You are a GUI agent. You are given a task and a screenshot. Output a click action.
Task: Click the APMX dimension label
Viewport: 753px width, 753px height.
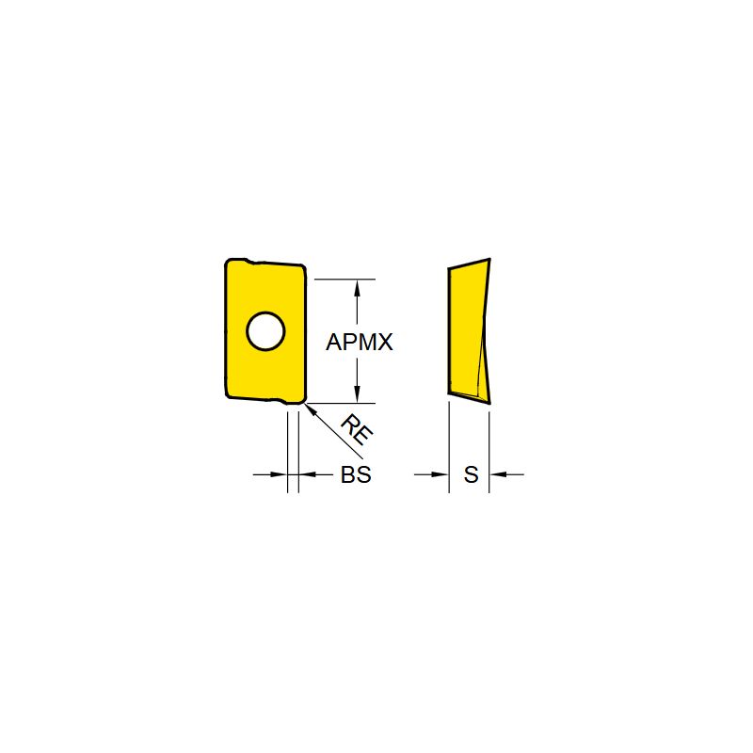pos(359,344)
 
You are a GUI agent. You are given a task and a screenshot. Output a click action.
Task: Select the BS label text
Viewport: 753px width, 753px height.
pos(356,476)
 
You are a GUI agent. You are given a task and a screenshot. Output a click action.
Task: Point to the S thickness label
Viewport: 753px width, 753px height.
pos(471,476)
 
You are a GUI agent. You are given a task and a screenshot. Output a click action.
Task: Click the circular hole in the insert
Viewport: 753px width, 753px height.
pos(265,330)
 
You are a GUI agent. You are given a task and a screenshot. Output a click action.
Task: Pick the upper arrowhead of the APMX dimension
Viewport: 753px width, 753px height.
pos(356,286)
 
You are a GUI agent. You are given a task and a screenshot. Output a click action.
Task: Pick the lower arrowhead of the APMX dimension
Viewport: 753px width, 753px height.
pos(356,396)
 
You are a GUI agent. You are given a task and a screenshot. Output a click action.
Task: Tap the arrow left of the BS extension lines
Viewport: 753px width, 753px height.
pos(279,475)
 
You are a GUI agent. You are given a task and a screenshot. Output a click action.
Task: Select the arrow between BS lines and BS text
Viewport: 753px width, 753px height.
pos(307,475)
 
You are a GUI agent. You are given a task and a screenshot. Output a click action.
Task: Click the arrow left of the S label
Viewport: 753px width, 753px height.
pos(441,475)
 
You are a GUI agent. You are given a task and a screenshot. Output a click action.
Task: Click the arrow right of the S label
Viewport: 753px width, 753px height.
pos(498,475)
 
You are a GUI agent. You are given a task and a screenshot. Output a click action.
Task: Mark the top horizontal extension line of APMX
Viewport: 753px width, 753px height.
pos(344,279)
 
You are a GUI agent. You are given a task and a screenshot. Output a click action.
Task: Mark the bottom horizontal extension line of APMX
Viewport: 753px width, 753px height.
pos(344,403)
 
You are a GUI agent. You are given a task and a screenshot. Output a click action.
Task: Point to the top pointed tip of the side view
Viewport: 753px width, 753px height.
pos(489,259)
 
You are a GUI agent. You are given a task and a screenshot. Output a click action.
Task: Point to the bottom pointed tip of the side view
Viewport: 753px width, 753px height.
pos(489,402)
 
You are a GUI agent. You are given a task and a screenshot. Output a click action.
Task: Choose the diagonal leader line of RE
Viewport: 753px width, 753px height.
pos(329,425)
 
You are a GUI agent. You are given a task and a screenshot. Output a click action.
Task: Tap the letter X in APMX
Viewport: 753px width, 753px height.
pos(384,344)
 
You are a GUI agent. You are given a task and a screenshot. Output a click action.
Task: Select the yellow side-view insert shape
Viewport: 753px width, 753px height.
pos(466,329)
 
